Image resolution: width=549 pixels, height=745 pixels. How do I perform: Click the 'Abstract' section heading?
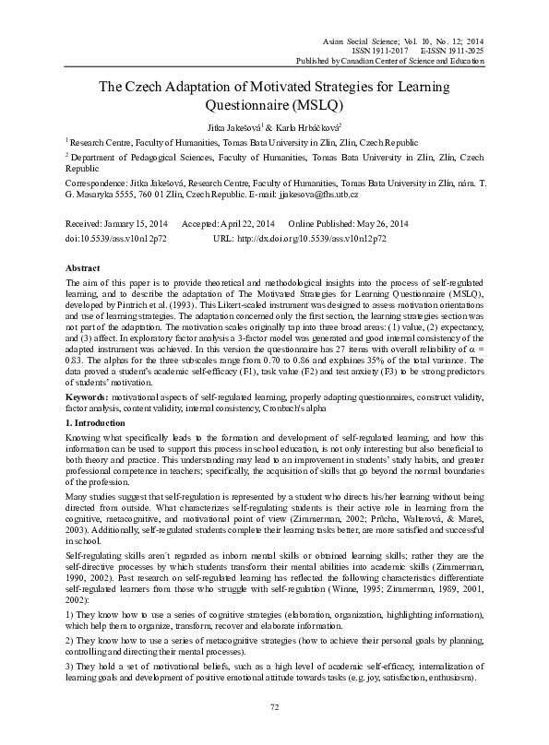coord(83,266)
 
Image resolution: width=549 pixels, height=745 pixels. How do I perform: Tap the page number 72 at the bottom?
coord(274,706)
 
